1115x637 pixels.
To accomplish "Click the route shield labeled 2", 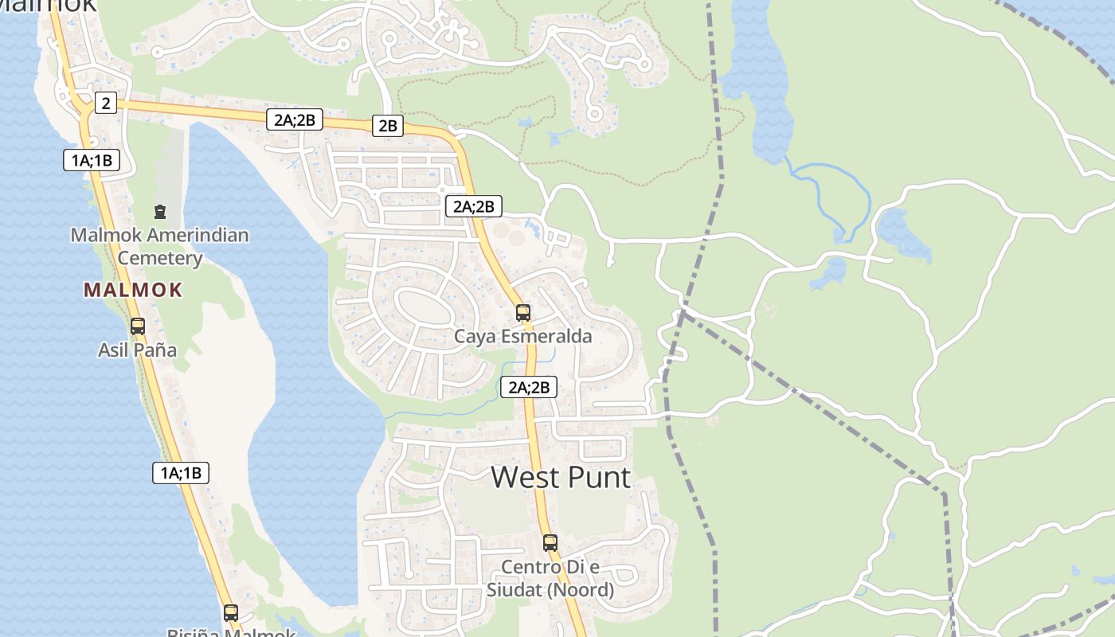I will click(105, 102).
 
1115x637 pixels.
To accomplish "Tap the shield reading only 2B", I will click(388, 125).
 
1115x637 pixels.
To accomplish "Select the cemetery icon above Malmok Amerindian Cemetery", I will click(160, 212).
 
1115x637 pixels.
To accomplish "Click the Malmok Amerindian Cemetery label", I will click(160, 247).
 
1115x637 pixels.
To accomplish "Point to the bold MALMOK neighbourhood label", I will click(133, 290).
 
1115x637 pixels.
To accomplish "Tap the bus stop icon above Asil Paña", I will click(138, 326).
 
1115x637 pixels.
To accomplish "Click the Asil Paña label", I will click(138, 350).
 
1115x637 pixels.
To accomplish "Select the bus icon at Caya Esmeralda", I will click(523, 312).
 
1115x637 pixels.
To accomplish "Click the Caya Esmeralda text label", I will click(523, 337).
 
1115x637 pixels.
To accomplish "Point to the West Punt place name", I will click(561, 477).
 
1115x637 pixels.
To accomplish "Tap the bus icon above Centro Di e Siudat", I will click(550, 543).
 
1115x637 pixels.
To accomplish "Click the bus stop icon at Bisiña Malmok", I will click(231, 612).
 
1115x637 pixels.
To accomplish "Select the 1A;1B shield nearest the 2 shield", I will click(92, 160).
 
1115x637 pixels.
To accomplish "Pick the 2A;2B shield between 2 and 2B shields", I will click(295, 120).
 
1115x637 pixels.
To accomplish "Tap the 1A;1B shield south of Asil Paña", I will click(181, 473).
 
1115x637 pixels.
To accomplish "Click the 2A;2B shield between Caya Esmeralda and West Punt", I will click(529, 387).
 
